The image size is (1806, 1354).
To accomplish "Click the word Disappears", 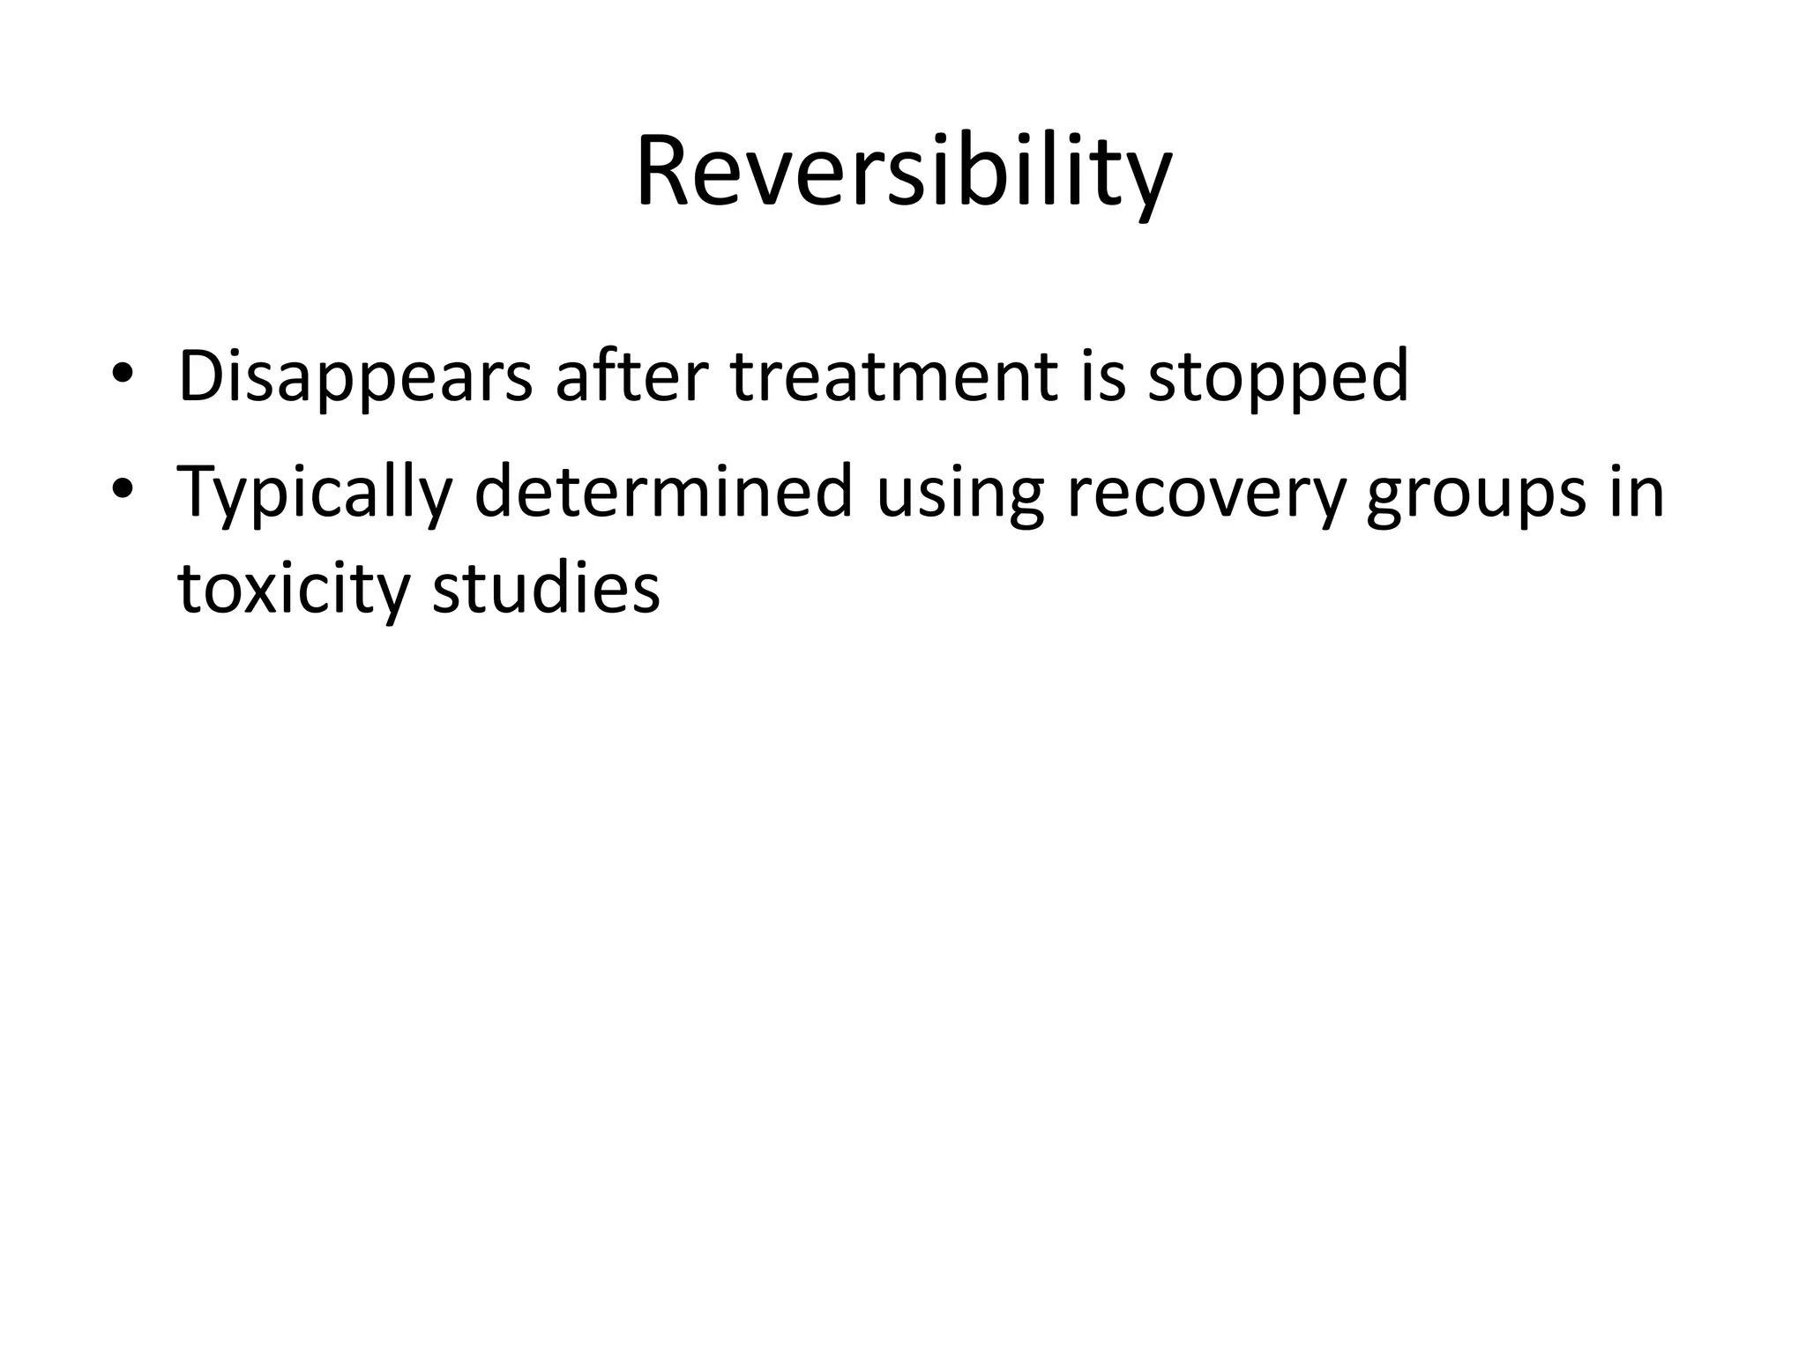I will point(355,377).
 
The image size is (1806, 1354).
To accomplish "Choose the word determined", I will point(663,491).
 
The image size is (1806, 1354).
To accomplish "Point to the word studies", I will point(546,588).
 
